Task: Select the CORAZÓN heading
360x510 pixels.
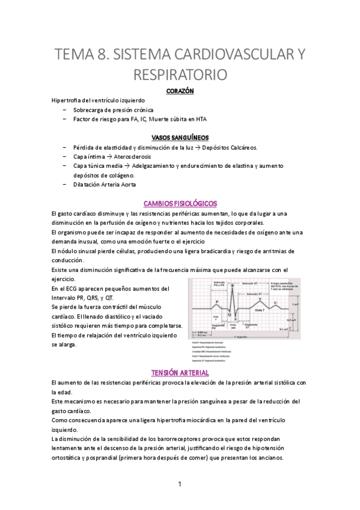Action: (180, 91)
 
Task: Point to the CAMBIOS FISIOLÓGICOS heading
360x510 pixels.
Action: (180, 203)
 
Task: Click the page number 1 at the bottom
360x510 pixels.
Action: (180, 484)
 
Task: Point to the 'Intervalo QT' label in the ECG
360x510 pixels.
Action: (252, 283)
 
